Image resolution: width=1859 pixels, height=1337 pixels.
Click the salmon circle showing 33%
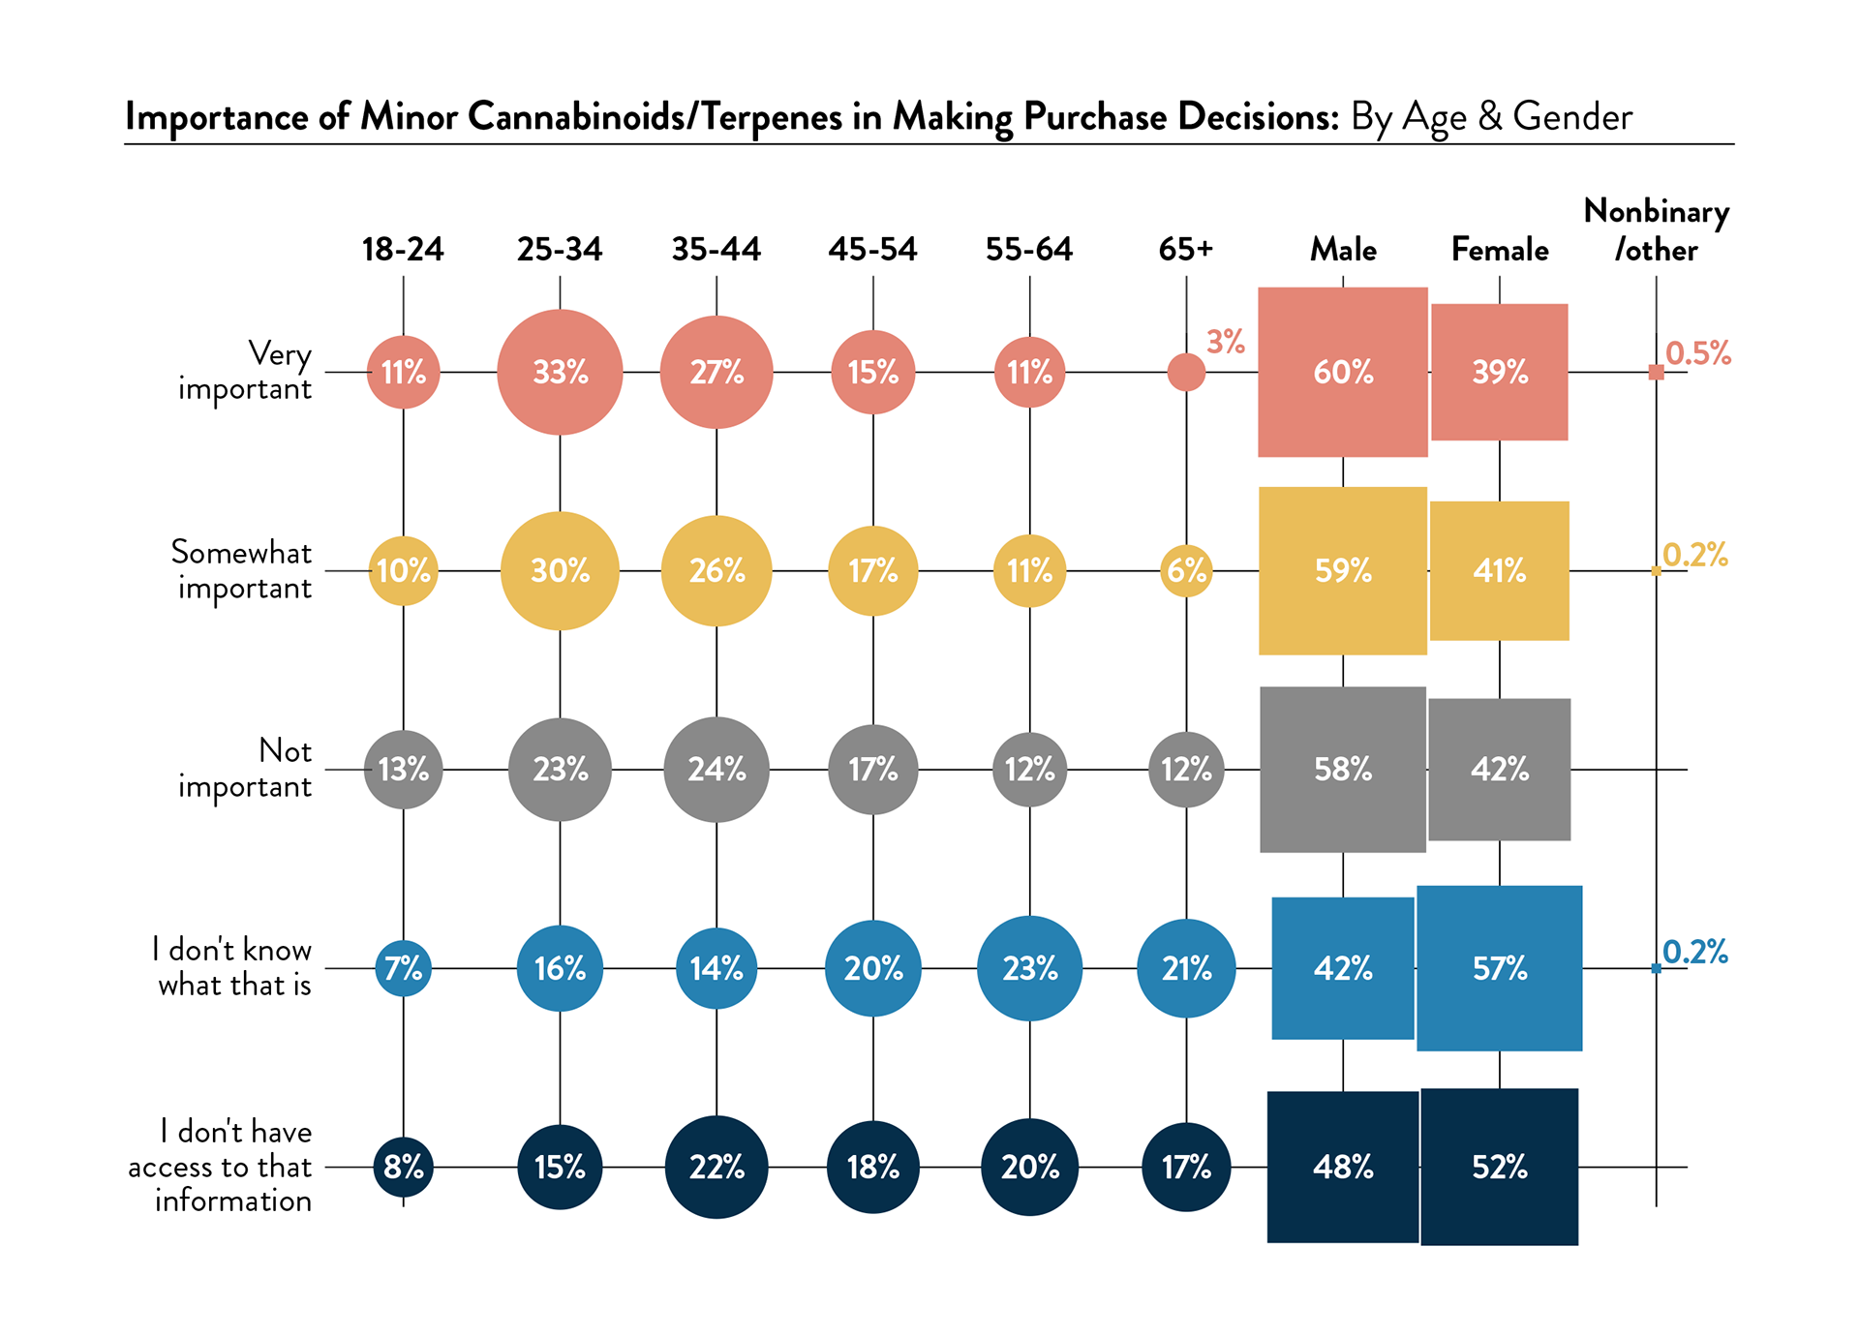[x=560, y=372]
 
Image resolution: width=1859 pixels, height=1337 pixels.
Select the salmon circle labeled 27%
[x=716, y=372]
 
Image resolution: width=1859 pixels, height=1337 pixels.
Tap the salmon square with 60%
[x=1343, y=372]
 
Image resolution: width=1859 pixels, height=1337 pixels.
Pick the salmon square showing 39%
[x=1500, y=372]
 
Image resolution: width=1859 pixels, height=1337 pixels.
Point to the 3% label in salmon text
[x=1225, y=342]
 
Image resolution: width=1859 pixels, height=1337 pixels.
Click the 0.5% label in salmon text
[x=1698, y=353]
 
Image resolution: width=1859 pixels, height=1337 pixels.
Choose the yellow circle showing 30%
[x=560, y=570]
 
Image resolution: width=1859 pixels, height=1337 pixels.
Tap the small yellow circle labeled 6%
[x=1186, y=570]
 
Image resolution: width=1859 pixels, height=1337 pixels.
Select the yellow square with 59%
[x=1343, y=570]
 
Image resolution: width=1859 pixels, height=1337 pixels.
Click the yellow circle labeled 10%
[x=403, y=570]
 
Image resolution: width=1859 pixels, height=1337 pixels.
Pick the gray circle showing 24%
[x=716, y=770]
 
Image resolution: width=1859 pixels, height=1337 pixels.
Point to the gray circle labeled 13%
[x=403, y=770]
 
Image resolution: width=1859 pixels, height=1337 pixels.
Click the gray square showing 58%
[x=1343, y=770]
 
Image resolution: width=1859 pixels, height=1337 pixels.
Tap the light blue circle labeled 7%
[x=403, y=968]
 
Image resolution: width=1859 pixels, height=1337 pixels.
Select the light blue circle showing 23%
[x=1029, y=968]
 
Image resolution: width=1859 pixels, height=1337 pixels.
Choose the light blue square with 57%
[x=1500, y=968]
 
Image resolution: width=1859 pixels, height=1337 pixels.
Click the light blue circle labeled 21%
[x=1186, y=968]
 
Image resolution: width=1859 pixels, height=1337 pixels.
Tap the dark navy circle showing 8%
[x=403, y=1167]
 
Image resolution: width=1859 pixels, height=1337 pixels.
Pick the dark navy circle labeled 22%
[x=716, y=1167]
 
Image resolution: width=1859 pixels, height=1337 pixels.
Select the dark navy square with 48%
[x=1343, y=1167]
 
